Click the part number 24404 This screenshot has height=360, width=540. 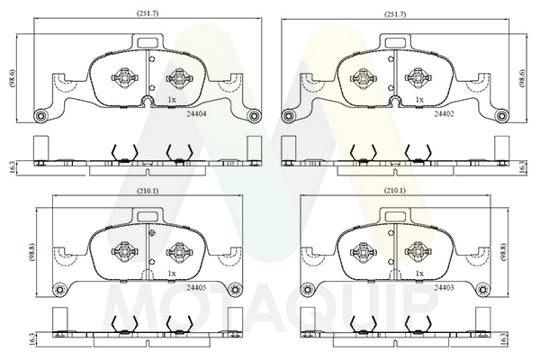click(196, 114)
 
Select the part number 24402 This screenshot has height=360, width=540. click(444, 114)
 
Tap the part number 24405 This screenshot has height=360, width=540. click(196, 287)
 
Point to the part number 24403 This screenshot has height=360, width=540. click(444, 287)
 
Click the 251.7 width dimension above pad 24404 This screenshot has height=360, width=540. click(148, 13)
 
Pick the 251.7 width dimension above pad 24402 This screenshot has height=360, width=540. click(395, 14)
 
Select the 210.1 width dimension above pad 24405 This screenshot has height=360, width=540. click(148, 191)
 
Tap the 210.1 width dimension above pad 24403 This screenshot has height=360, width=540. click(395, 191)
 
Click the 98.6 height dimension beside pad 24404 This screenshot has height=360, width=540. click(13, 78)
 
